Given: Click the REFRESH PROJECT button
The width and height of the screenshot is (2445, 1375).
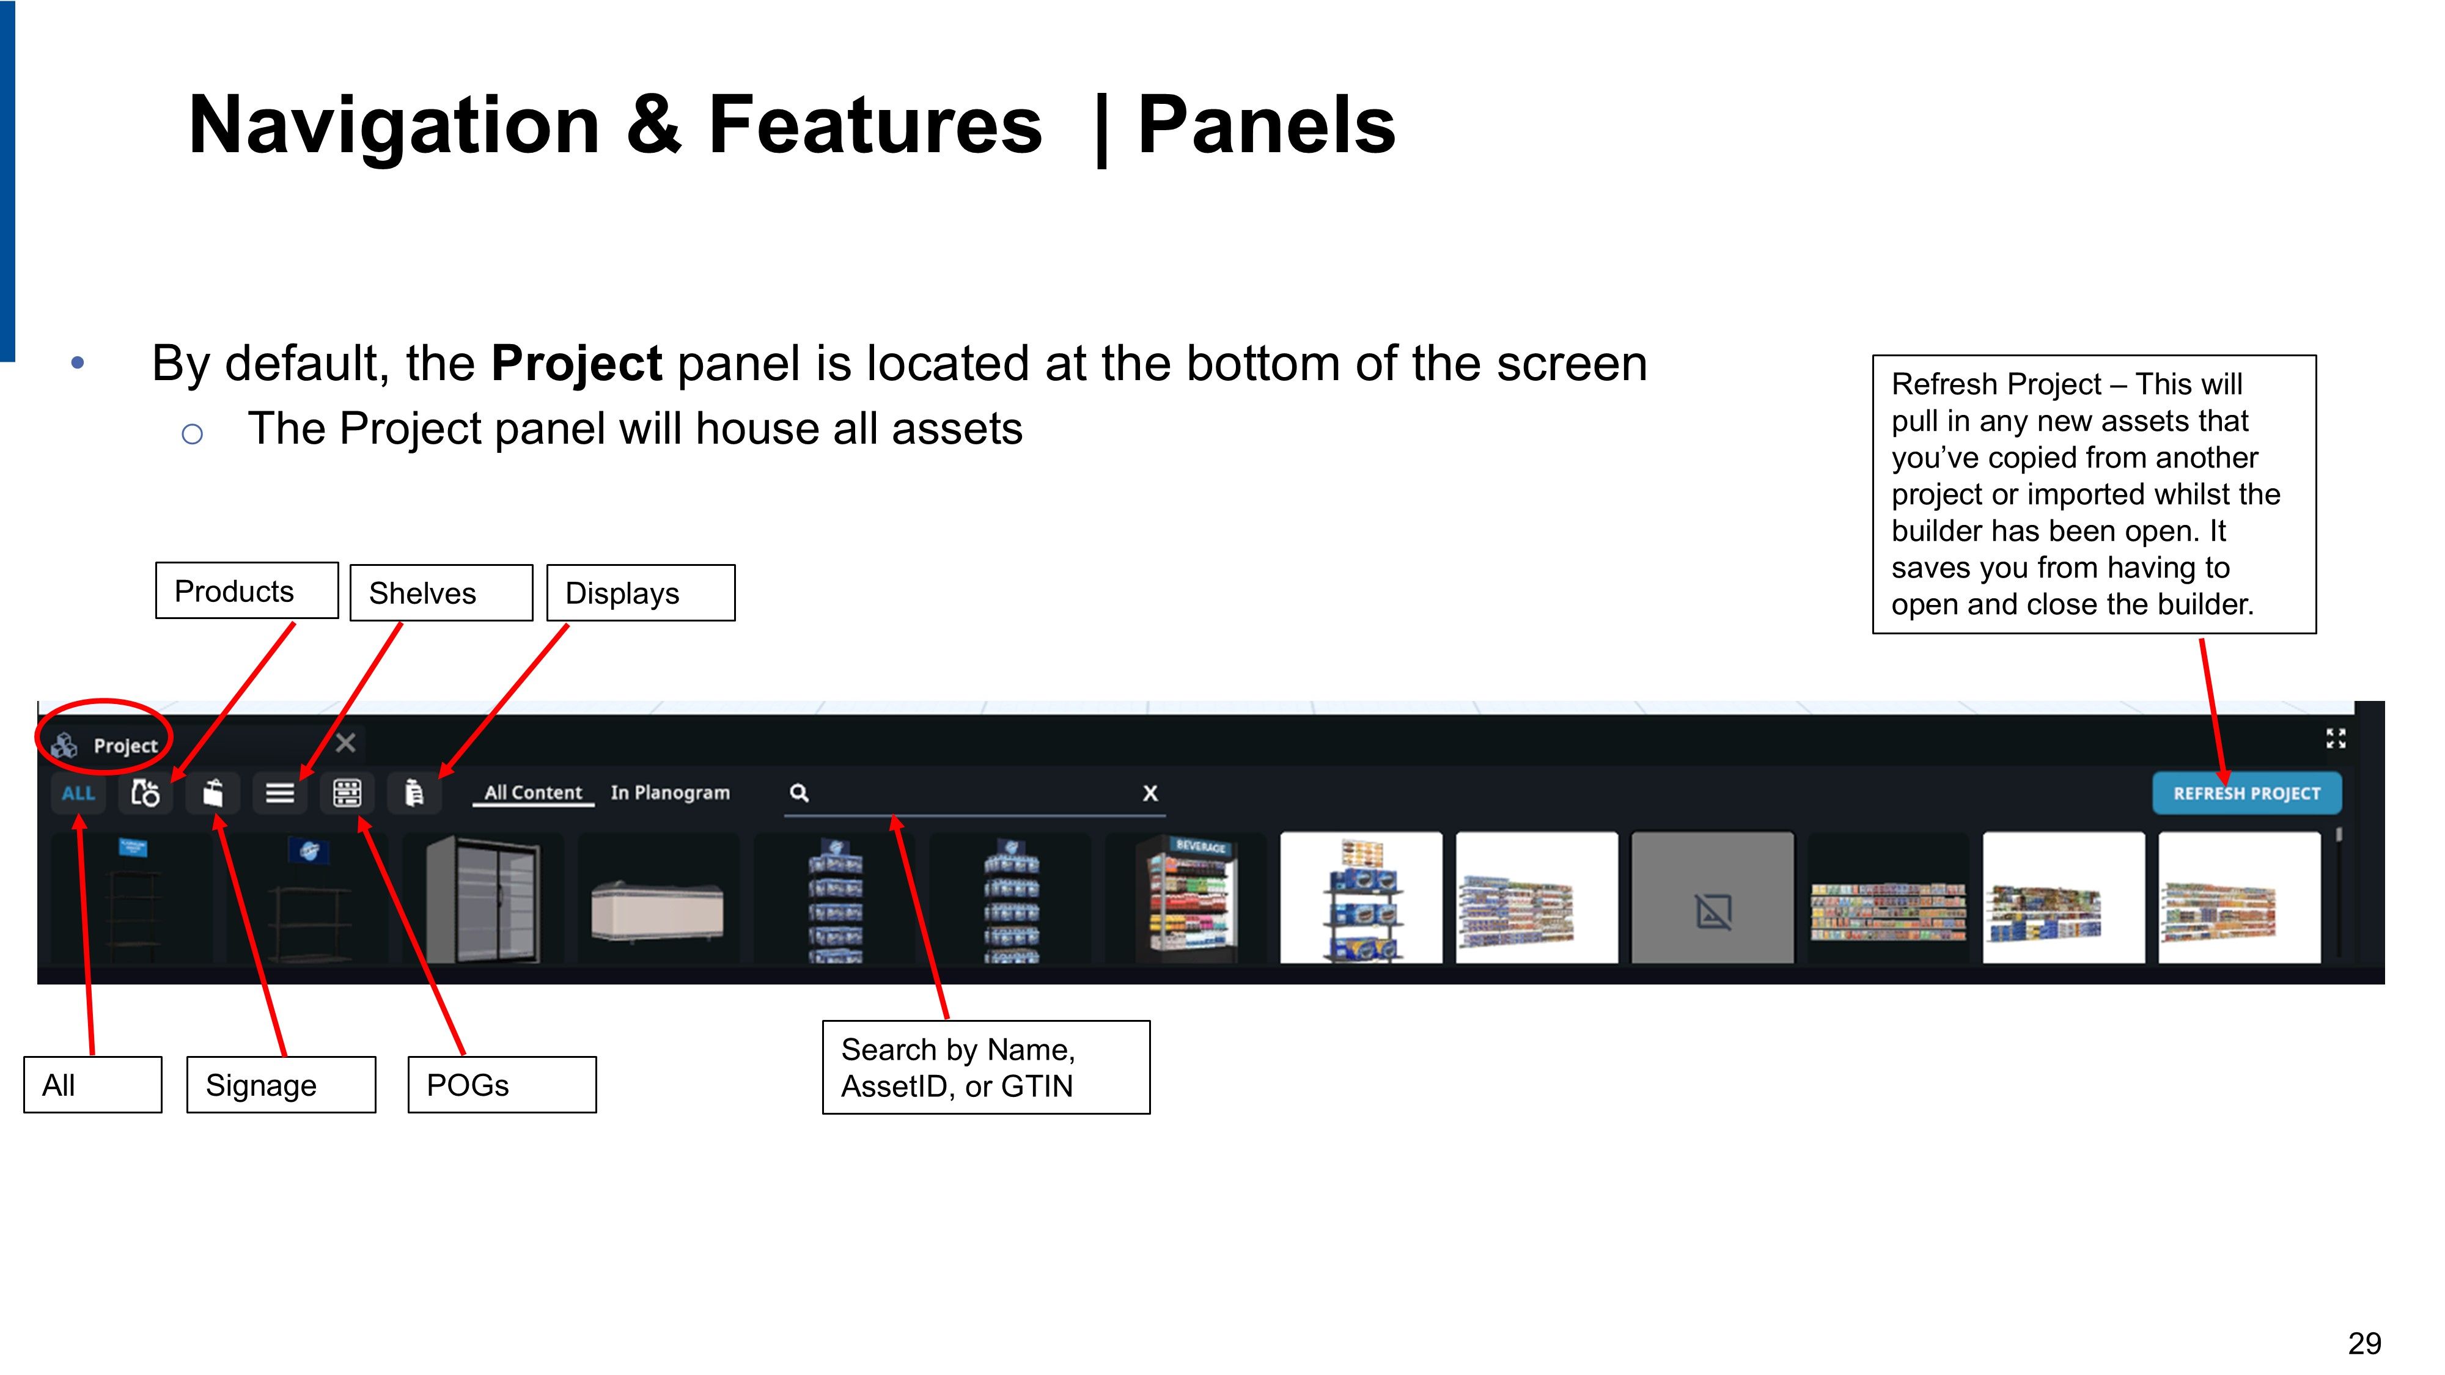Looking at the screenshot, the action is pos(2246,793).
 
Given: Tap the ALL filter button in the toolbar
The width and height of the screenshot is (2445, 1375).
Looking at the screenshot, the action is pos(79,793).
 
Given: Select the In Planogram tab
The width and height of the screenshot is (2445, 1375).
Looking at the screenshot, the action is pos(670,793).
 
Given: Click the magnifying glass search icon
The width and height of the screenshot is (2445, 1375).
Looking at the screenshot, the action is pos(799,793).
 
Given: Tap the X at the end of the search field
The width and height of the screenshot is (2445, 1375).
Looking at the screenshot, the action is pos(1149,793).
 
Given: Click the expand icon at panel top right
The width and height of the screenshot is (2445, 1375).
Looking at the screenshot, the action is pos(2336,738).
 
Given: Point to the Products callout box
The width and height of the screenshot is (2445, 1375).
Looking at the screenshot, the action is pos(247,590).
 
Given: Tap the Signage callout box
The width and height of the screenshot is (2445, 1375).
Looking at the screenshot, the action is pos(281,1085).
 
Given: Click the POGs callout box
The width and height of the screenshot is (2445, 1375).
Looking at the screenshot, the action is pos(502,1085).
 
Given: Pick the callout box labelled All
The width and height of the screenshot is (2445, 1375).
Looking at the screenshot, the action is pos(93,1085).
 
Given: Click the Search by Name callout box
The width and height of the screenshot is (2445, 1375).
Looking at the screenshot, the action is pos(986,1068).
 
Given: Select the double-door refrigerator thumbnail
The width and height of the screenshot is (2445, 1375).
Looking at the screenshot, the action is pos(483,898).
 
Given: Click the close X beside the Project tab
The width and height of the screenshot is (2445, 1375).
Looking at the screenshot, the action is pos(345,743).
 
